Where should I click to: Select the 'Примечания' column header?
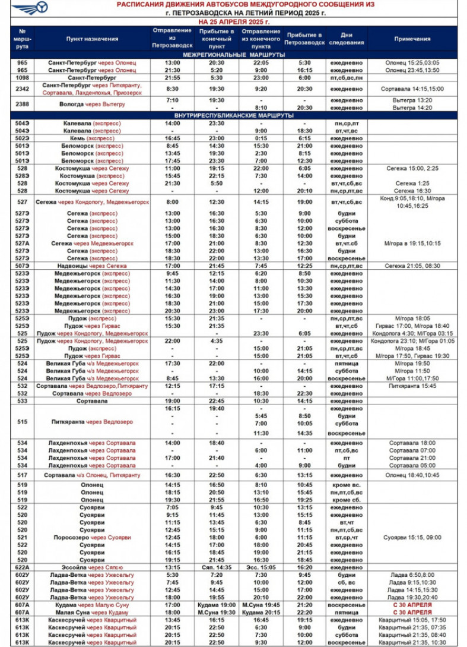pos(412,39)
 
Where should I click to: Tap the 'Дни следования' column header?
pos(347,39)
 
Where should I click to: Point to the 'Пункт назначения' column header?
pos(92,39)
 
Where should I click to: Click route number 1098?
pos(23,78)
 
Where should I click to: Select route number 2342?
pos(23,89)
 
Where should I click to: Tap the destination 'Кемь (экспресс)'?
pos(92,138)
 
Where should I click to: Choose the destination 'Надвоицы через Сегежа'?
pos(92,266)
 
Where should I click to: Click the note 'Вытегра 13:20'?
pos(412,100)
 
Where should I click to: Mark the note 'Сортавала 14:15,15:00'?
pos(412,89)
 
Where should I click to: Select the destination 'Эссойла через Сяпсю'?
pos(92,567)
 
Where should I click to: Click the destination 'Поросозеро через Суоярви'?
pos(92,537)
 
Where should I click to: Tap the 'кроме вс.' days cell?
pos(347,485)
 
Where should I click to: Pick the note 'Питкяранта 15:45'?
pos(412,386)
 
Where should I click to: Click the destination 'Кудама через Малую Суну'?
pos(92,605)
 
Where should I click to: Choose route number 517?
pos(23,475)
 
